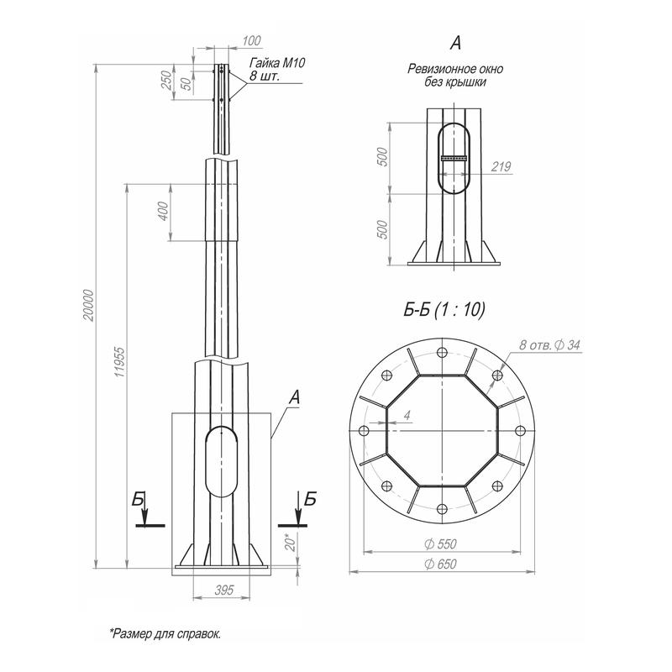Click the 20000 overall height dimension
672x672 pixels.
pyautogui.click(x=89, y=312)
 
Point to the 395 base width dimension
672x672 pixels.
pyautogui.click(x=223, y=591)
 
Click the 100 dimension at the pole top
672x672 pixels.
pyautogui.click(x=251, y=40)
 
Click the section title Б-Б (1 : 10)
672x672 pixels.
pyautogui.click(x=444, y=310)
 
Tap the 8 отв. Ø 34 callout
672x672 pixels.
pyautogui.click(x=550, y=345)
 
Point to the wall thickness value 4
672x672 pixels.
pyautogui.click(x=406, y=414)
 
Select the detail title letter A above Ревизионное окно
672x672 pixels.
pyautogui.click(x=454, y=41)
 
